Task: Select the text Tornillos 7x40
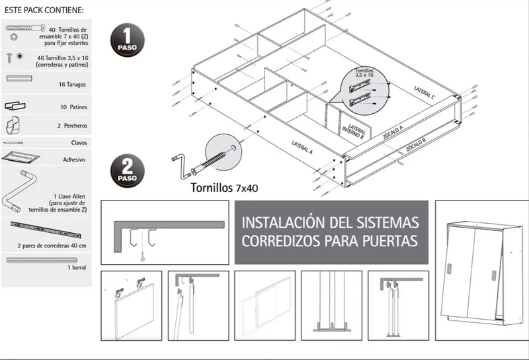point(224,187)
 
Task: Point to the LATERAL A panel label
point(302,147)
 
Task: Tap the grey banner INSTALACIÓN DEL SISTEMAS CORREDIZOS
point(330,231)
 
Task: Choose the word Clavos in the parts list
point(77,142)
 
